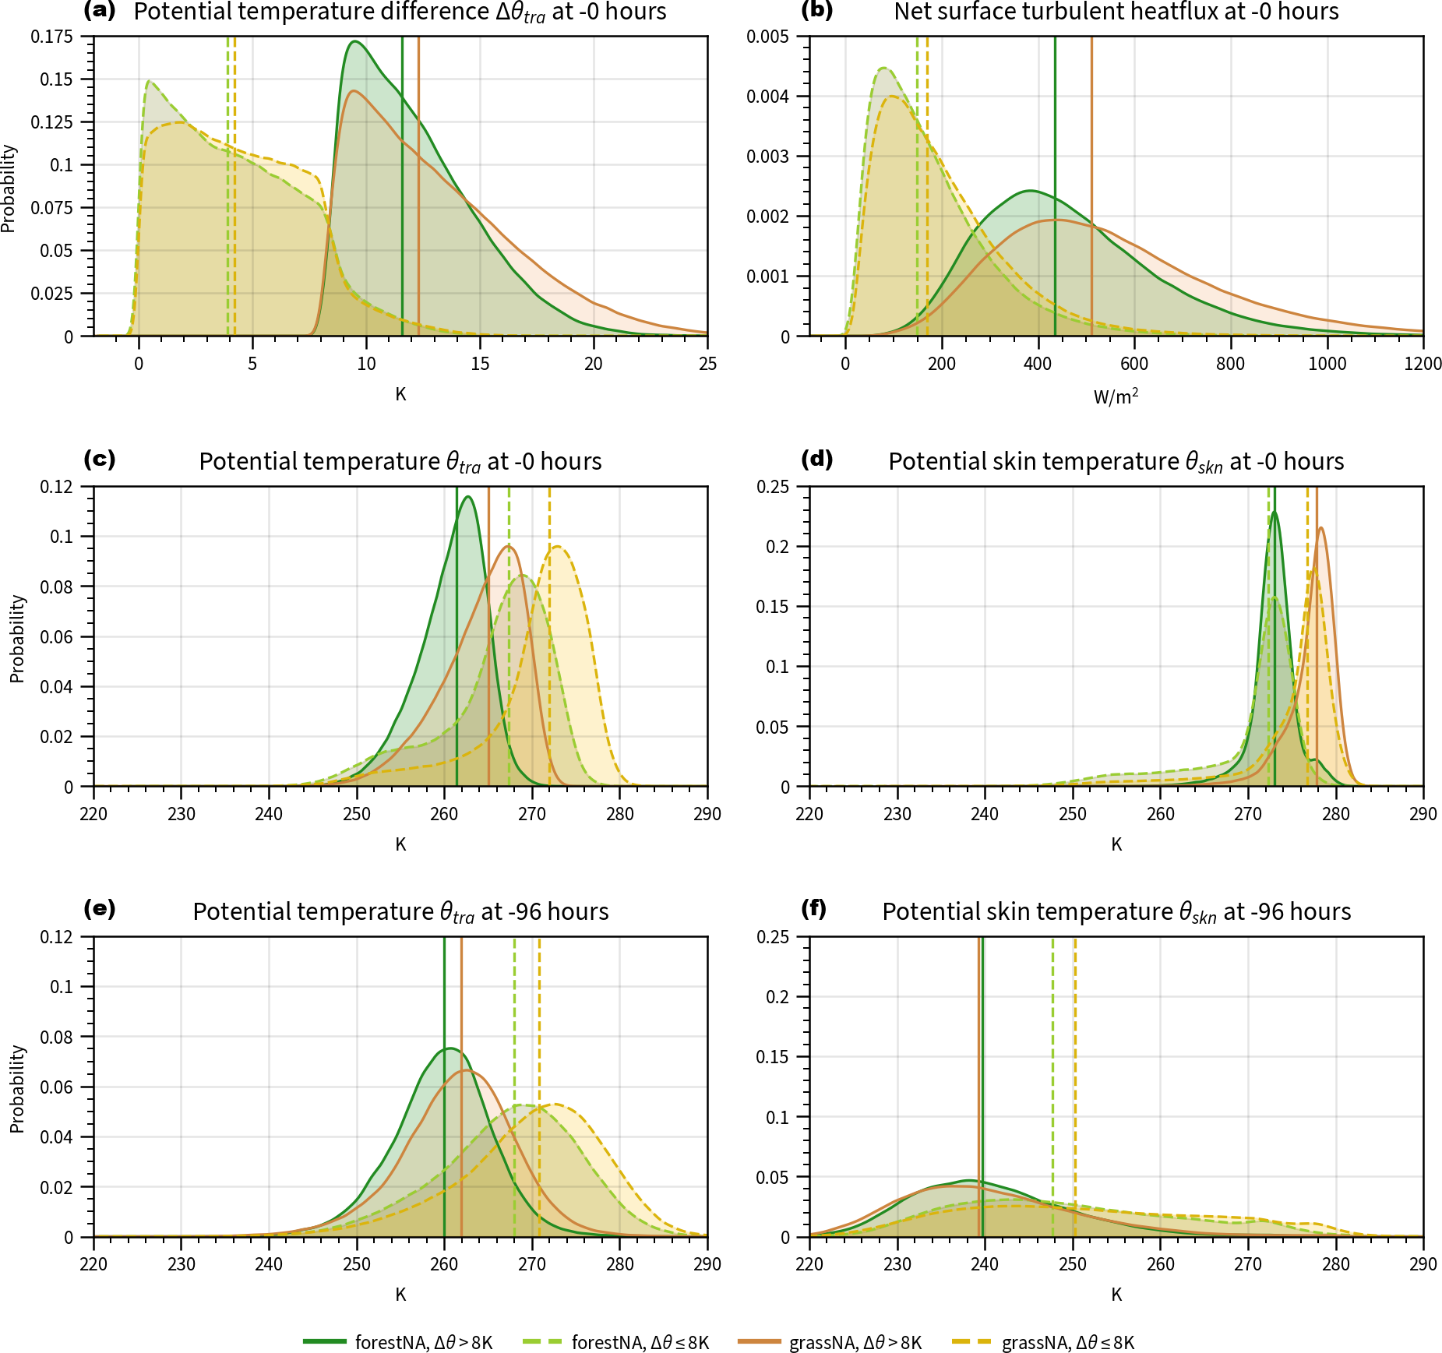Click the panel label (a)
tap(100, 11)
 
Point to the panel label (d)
tap(816, 460)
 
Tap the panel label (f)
tap(815, 910)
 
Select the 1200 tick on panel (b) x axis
tap(1423, 364)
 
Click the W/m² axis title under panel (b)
tap(1116, 396)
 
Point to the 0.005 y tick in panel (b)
tap(767, 37)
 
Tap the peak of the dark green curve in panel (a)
tap(354, 41)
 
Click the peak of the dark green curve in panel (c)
tap(467, 496)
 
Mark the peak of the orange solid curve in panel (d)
tap(1320, 528)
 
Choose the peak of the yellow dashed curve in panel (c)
tap(557, 546)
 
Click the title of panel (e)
tap(400, 911)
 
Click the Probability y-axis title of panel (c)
tap(17, 639)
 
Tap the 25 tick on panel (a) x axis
tap(707, 364)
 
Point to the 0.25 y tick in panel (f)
tap(772, 937)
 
